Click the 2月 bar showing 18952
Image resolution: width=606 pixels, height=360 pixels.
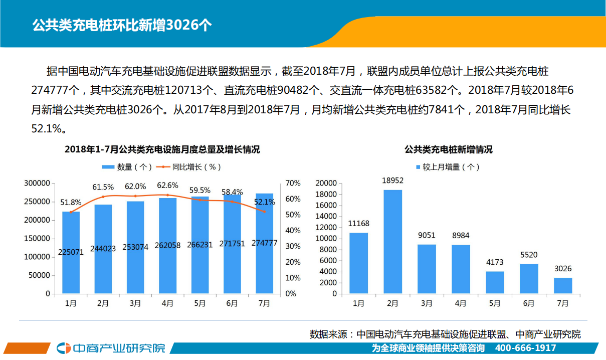pos(393,241)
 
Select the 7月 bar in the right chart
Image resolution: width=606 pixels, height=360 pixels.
pos(563,285)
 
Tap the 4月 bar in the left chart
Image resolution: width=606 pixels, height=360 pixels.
pos(167,246)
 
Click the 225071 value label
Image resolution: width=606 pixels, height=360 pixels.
pos(71,252)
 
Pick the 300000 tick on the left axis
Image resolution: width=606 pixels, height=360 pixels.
pos(38,184)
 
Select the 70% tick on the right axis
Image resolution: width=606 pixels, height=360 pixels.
pos(293,184)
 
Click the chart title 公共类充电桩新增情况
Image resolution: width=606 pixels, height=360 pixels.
pos(449,149)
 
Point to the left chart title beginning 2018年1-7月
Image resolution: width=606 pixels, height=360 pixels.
pos(162,149)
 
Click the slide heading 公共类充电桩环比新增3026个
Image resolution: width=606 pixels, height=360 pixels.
pos(122,26)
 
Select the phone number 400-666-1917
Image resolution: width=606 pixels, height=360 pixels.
pos(525,348)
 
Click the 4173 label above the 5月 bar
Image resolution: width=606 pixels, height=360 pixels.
pos(495,262)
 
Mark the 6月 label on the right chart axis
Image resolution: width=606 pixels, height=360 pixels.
pos(528,303)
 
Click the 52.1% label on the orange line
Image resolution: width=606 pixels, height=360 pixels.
pos(265,202)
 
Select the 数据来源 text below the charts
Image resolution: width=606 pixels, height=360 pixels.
pos(445,334)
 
